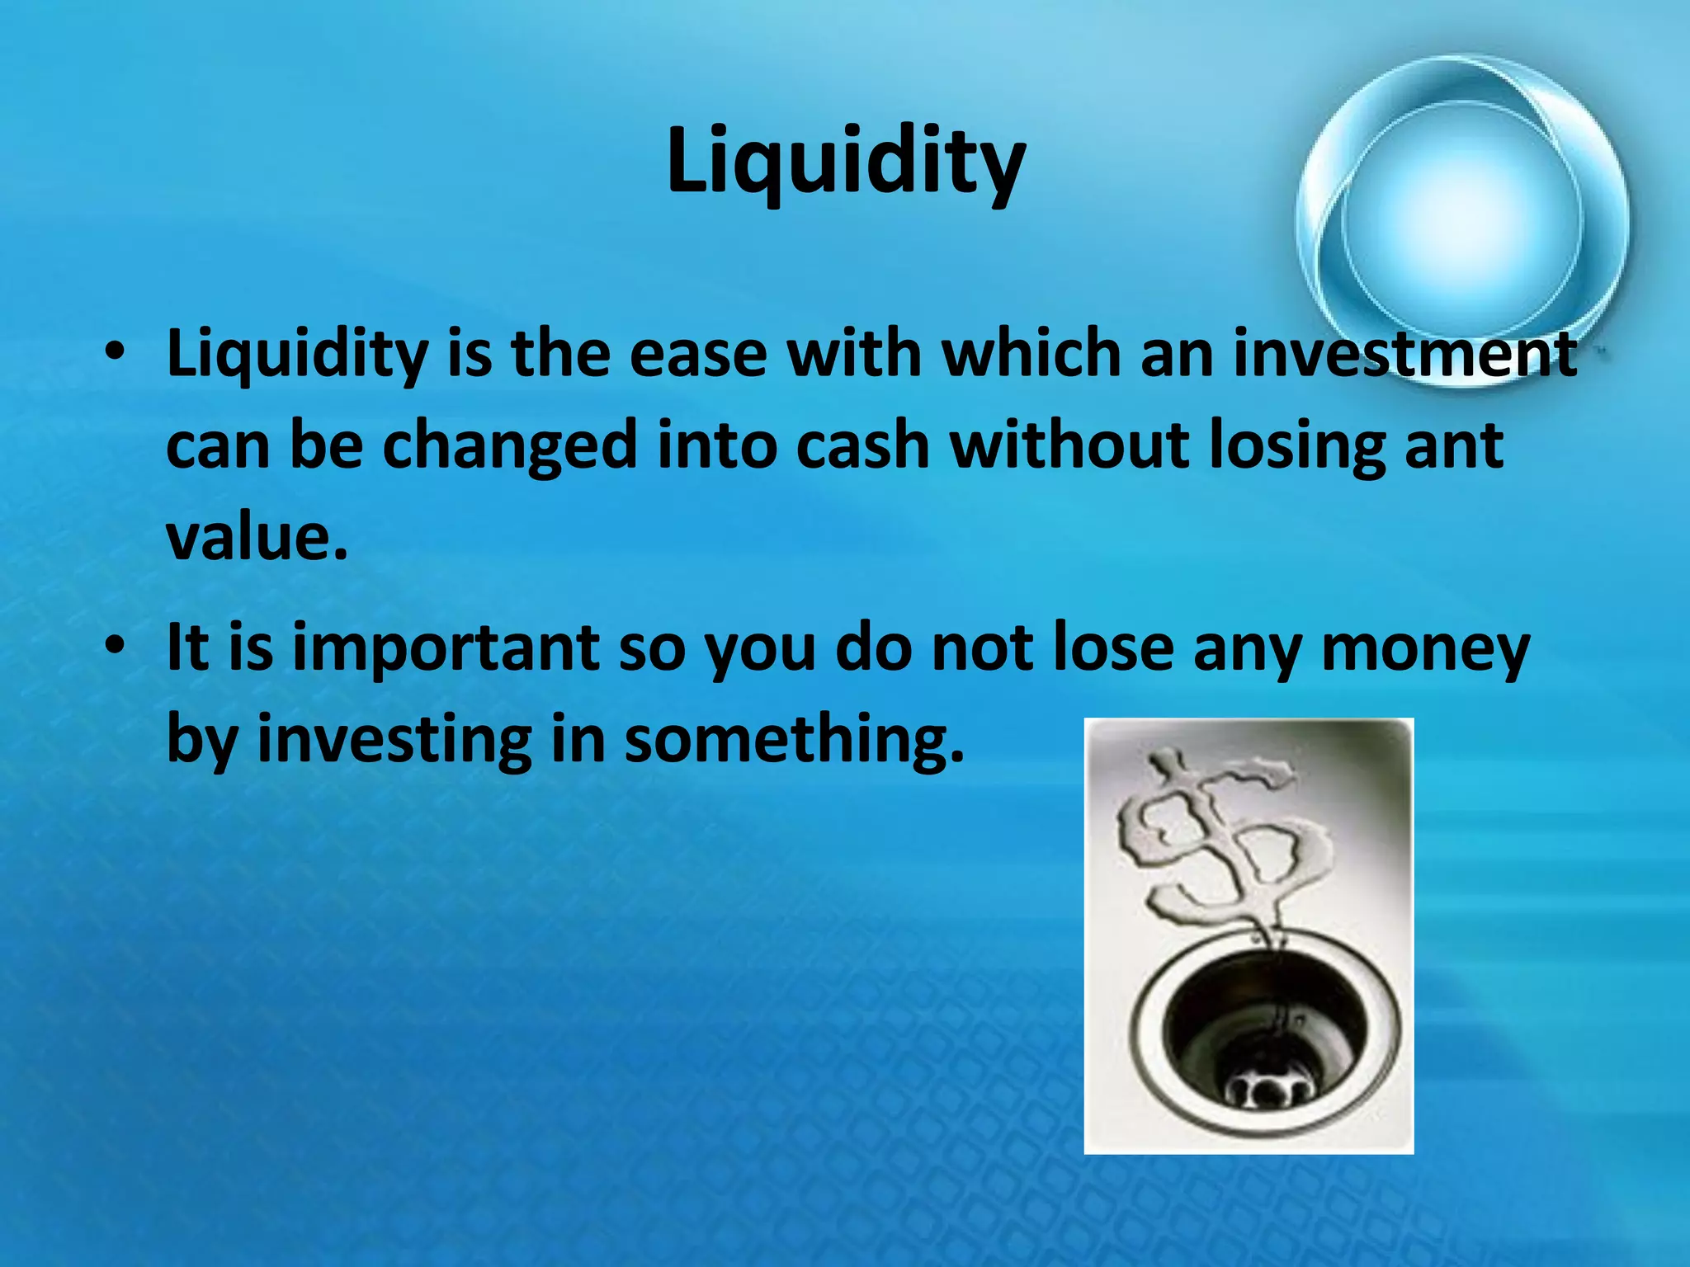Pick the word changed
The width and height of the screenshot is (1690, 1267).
510,446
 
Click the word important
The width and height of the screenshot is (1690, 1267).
446,648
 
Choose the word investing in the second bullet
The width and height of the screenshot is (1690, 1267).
394,739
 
